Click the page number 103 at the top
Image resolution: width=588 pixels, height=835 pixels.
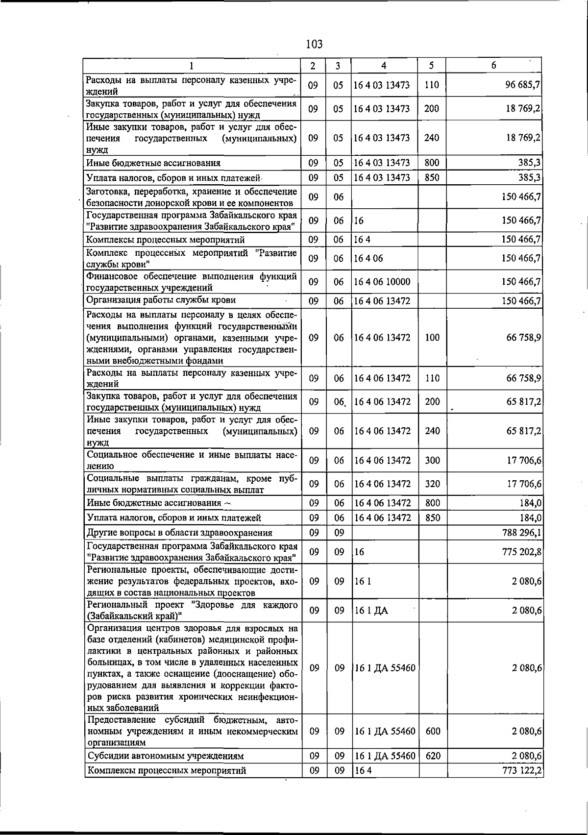(x=314, y=44)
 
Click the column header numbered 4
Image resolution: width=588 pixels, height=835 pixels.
(x=384, y=65)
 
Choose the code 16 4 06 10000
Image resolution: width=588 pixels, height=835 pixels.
(x=382, y=282)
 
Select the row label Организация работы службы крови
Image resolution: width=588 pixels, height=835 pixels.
(x=161, y=300)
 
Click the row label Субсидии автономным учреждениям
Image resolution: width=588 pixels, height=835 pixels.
(x=166, y=756)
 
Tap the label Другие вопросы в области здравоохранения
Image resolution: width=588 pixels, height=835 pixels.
(x=179, y=533)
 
